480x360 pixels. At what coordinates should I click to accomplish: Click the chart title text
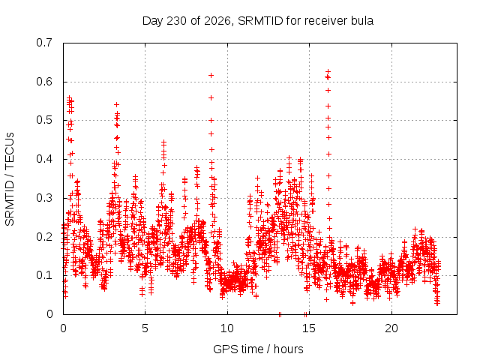(x=258, y=21)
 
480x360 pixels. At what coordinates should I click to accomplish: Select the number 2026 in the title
(x=217, y=21)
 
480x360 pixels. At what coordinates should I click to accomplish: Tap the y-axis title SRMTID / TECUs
(x=10, y=179)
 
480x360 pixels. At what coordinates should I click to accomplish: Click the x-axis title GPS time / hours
(x=258, y=349)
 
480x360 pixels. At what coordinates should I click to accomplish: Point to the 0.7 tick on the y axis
(x=44, y=43)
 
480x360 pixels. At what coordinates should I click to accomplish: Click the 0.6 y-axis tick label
(x=44, y=82)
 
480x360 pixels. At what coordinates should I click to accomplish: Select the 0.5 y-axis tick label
(x=44, y=120)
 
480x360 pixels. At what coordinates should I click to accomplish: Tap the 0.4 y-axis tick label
(x=44, y=159)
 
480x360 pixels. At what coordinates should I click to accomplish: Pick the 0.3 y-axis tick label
(x=44, y=198)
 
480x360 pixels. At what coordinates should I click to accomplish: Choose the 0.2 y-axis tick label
(x=44, y=237)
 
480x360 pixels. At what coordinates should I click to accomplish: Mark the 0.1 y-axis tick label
(x=44, y=275)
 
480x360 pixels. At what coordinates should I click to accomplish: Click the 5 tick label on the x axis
(x=145, y=328)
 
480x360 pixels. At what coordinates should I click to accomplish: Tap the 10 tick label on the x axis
(x=227, y=328)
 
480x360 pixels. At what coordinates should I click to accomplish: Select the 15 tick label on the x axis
(x=309, y=328)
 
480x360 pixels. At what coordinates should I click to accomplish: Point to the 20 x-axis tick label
(x=391, y=328)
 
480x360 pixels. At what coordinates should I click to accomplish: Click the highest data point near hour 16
(x=328, y=72)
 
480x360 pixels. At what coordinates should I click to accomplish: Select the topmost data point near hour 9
(x=211, y=75)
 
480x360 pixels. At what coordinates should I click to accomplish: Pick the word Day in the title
(x=153, y=21)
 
